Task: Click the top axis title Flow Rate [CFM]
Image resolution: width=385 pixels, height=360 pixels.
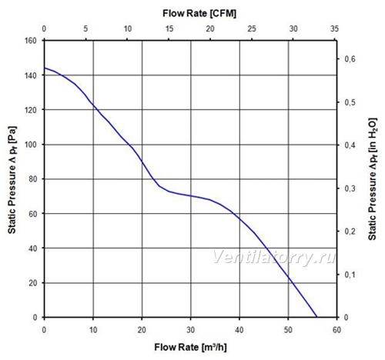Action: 199,13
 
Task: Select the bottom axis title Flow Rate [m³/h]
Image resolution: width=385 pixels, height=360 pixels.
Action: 190,348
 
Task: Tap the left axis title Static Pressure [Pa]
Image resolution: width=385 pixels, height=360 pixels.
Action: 12,180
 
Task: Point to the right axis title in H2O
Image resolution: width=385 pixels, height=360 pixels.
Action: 373,179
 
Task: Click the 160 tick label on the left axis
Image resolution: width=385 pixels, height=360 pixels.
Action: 31,41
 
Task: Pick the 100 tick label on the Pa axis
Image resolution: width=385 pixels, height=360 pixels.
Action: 31,145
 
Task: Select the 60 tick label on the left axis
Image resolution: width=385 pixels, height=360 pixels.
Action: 33,214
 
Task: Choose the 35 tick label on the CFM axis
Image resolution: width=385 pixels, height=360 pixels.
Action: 335,28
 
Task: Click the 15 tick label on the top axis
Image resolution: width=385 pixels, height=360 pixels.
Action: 169,28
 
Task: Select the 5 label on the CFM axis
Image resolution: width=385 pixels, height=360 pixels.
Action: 85,28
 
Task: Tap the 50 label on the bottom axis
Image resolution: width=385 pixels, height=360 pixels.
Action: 288,330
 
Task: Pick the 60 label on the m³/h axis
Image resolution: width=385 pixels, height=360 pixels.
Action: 336,330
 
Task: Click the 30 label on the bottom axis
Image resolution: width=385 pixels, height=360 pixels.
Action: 190,330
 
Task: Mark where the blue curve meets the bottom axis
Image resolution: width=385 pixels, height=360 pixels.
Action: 317,317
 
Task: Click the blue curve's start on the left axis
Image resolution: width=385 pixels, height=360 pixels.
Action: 45,68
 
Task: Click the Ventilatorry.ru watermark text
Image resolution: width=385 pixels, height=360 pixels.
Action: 274,257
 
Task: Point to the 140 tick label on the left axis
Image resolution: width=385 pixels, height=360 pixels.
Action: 31,75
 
